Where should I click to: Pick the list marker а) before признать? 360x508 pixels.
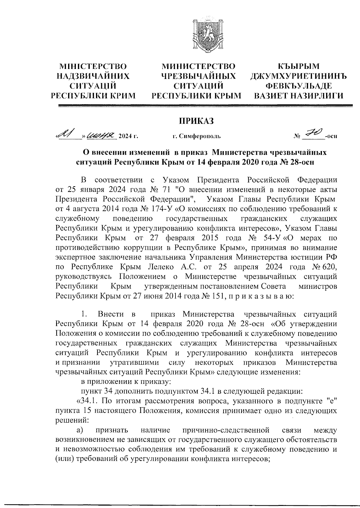79,431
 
